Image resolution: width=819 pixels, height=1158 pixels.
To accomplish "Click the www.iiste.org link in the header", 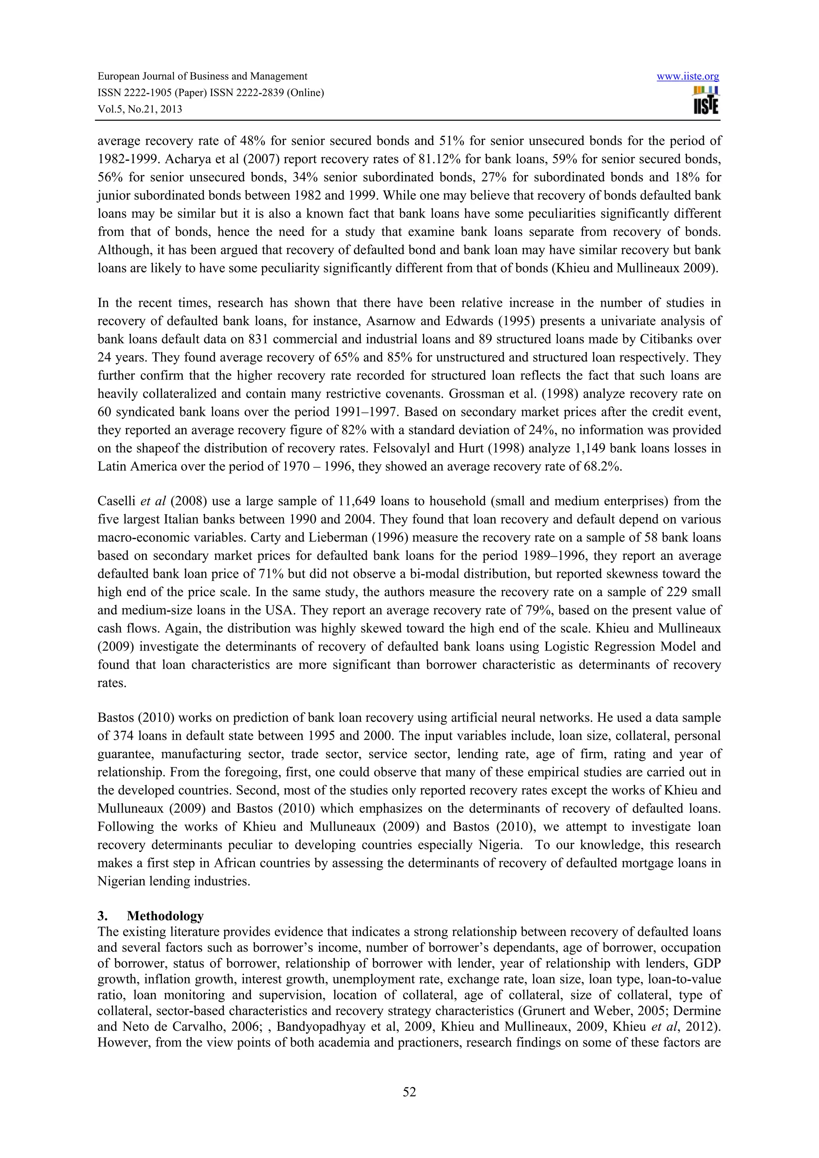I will [687, 77].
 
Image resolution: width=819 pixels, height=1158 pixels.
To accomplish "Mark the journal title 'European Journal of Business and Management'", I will [202, 77].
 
